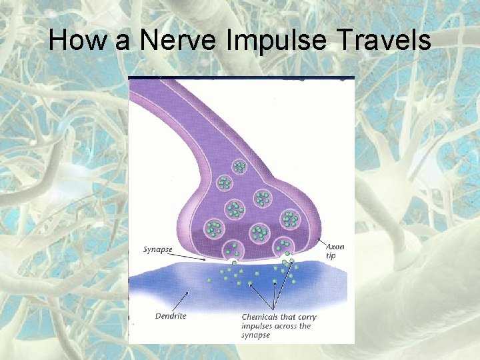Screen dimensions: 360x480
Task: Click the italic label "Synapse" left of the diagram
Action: (158, 250)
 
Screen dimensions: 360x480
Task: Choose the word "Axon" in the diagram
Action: (335, 247)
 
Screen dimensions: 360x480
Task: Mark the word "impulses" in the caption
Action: (259, 326)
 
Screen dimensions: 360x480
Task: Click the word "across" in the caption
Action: (289, 326)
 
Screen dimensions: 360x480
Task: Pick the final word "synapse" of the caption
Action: (256, 335)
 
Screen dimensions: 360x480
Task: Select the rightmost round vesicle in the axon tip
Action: (289, 219)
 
